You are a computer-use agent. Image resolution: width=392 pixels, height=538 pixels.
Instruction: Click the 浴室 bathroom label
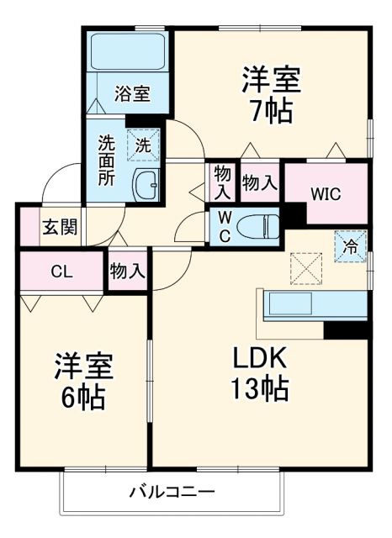133,93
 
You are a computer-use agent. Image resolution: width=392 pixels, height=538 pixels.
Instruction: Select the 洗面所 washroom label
107,160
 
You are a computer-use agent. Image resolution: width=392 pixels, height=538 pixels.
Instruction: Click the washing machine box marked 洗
143,145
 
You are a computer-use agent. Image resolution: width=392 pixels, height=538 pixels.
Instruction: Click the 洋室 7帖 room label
270,96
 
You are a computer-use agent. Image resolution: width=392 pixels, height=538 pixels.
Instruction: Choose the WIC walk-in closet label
325,193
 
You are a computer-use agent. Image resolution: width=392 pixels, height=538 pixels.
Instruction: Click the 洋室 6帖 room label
83,380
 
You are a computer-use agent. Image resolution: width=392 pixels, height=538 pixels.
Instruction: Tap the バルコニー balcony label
172,492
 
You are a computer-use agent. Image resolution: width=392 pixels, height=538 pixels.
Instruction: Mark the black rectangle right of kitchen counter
347,329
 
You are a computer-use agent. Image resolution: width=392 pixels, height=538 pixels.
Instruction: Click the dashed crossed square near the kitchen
305,268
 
